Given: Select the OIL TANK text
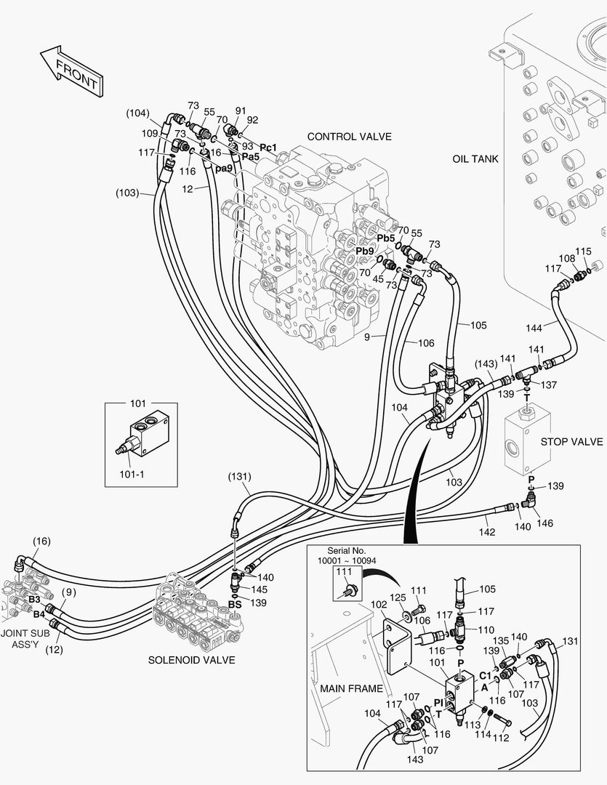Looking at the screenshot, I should click(x=475, y=158).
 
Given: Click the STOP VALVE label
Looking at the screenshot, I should click(x=571, y=442).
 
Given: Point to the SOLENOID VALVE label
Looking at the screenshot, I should click(x=191, y=660).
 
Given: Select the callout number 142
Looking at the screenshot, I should click(x=486, y=532).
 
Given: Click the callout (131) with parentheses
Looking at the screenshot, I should click(x=239, y=477).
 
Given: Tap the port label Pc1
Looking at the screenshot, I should click(x=268, y=147).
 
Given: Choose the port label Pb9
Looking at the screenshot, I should click(x=365, y=251).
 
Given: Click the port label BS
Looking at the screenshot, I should click(x=235, y=603).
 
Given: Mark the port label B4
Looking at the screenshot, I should click(x=39, y=613).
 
